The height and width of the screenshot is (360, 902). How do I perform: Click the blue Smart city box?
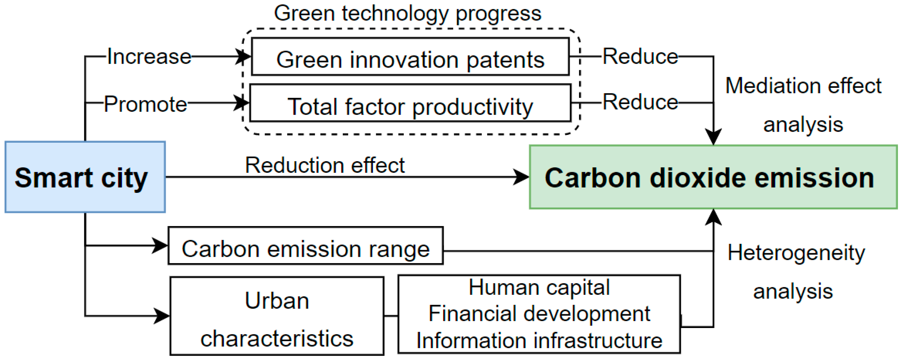tap(85, 177)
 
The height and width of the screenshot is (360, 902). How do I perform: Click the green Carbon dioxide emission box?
tap(713, 177)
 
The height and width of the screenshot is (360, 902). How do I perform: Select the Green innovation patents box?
tap(410, 57)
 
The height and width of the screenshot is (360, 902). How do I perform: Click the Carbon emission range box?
tap(305, 246)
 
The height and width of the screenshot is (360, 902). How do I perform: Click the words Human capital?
tap(539, 288)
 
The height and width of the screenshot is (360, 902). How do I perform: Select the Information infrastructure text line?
tap(539, 340)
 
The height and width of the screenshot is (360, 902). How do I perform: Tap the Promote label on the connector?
tap(146, 104)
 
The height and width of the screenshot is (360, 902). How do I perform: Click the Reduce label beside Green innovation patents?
tap(640, 56)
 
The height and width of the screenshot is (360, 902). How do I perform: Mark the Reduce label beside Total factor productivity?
tap(640, 102)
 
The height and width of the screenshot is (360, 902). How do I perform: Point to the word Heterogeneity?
tap(796, 253)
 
